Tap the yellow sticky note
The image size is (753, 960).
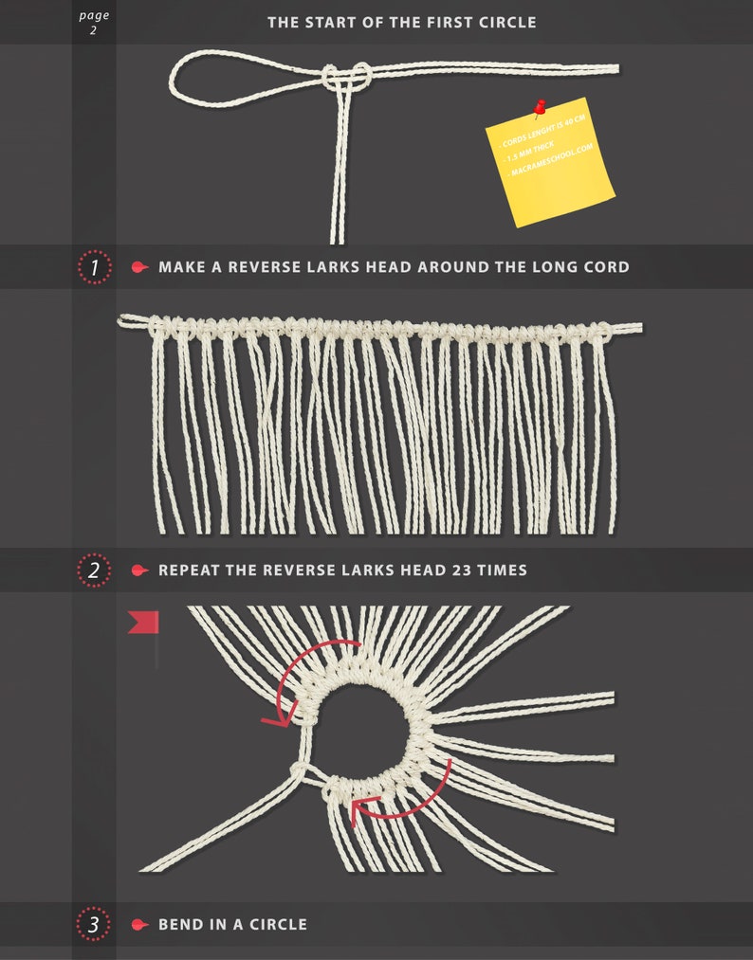[x=550, y=166]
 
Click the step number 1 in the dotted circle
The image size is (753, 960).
[x=94, y=268]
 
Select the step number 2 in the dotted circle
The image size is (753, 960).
[x=94, y=571]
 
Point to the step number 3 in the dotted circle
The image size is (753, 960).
[x=94, y=924]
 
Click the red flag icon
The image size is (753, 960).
[x=143, y=623]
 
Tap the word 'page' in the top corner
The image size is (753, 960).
[x=94, y=15]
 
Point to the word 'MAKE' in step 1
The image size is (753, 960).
[x=182, y=267]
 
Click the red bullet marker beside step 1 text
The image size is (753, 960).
[x=139, y=268]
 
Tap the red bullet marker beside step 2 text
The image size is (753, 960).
[x=139, y=571]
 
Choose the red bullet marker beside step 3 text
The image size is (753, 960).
[x=139, y=924]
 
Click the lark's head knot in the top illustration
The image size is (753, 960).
[x=343, y=78]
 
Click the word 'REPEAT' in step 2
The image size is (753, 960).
[x=192, y=571]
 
